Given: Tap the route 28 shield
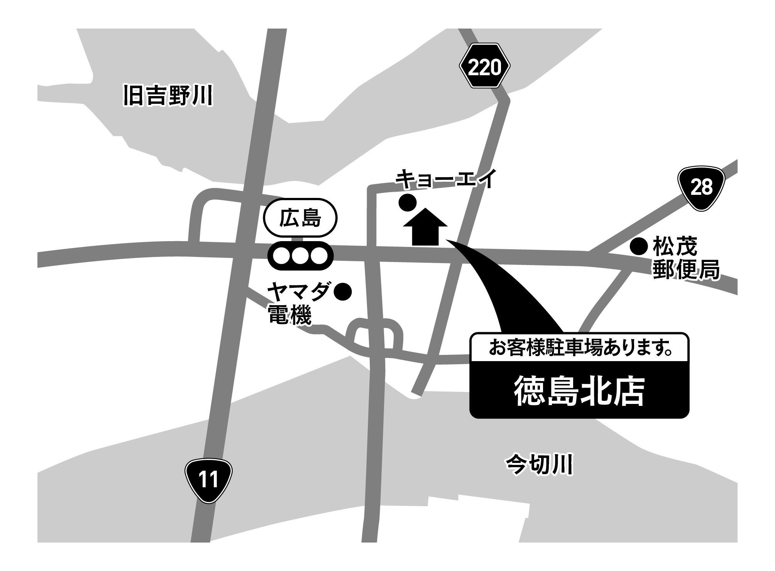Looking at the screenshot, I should coord(702,188).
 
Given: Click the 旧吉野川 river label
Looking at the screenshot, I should coord(168,96).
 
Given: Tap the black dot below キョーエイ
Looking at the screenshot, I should coord(408,202).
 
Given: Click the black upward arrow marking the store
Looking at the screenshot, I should coord(425,227).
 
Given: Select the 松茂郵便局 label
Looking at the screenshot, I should coord(685,258).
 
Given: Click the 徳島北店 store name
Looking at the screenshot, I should coord(579,393).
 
